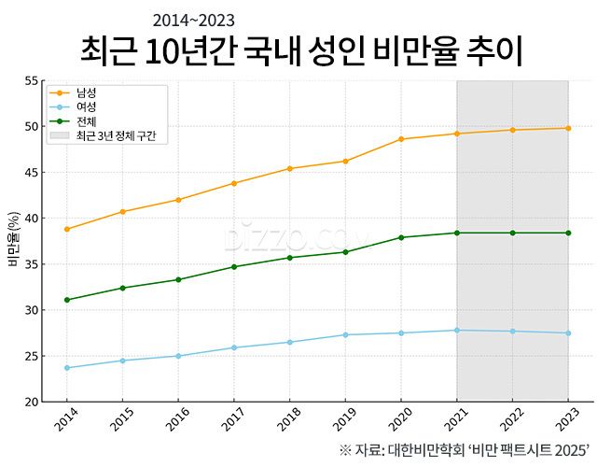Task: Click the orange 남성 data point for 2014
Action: pos(66,229)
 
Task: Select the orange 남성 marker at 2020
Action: pos(401,139)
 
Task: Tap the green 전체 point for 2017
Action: pos(233,267)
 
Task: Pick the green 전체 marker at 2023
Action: pos(568,233)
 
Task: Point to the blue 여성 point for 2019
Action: pos(345,334)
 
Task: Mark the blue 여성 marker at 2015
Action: pos(122,361)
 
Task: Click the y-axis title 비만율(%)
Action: pos(14,241)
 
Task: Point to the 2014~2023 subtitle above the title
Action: pos(193,20)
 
